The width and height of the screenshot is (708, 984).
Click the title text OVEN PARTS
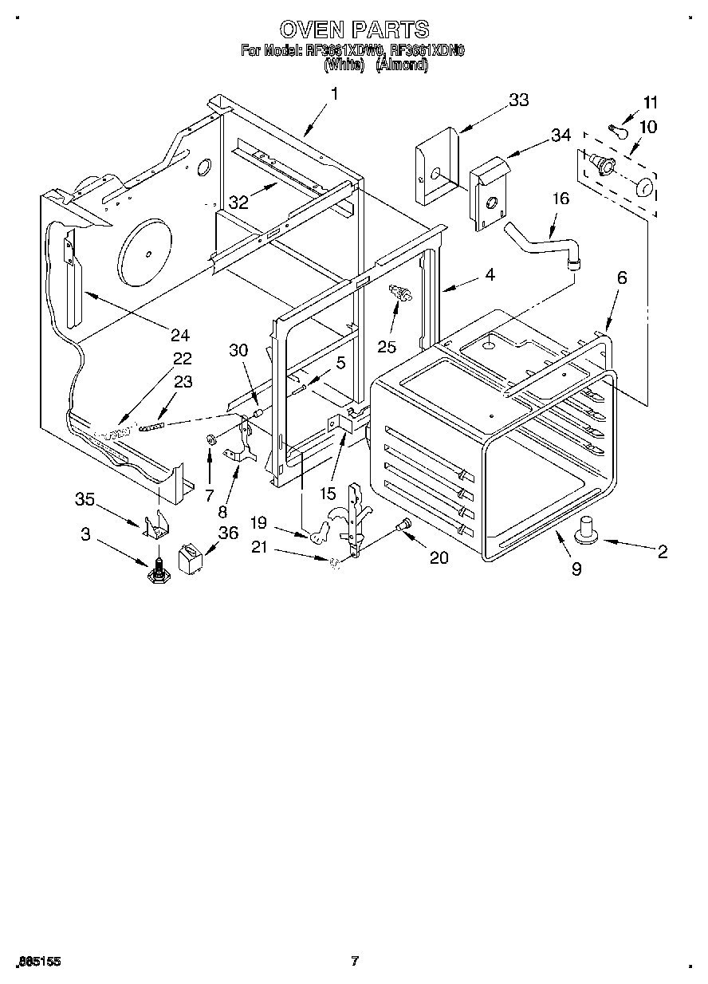point(354,30)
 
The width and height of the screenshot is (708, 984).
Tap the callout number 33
point(518,100)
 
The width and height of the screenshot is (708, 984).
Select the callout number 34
point(561,135)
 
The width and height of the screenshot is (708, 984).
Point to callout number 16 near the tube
point(560,199)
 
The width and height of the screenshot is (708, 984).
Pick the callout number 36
point(228,533)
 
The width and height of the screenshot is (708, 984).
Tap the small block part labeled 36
point(192,557)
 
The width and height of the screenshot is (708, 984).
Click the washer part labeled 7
point(211,439)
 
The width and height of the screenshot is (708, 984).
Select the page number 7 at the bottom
point(355,961)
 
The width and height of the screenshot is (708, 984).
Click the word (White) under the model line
point(344,65)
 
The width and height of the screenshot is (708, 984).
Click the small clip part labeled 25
point(399,294)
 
